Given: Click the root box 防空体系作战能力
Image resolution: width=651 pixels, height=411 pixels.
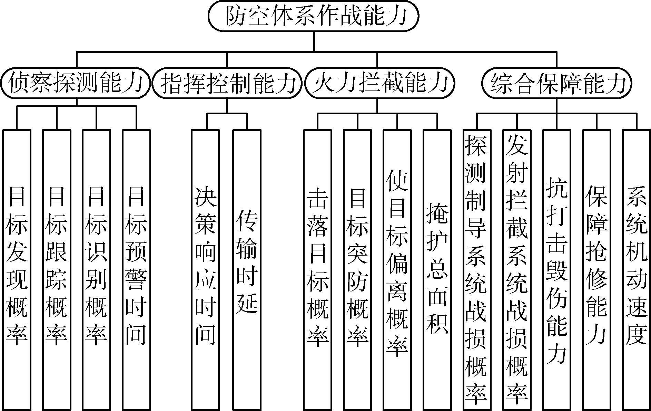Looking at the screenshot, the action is click(314, 16).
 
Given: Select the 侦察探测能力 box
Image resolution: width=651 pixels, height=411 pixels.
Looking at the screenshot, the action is click(76, 83).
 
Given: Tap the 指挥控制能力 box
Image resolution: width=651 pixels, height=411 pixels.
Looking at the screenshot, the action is click(227, 83).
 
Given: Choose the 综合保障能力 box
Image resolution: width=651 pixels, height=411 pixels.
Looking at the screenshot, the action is click(556, 83).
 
